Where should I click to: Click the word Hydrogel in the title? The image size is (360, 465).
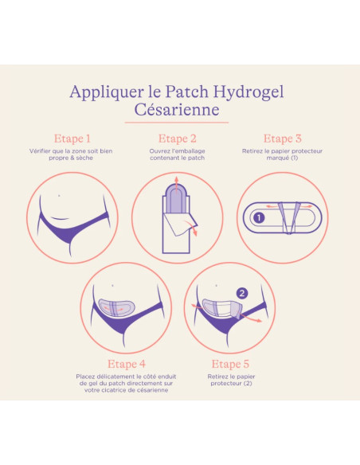(x=248, y=92)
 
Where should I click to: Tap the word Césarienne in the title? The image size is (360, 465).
(x=177, y=109)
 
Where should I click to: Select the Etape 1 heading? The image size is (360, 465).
(x=72, y=139)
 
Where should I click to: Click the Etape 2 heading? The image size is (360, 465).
(x=178, y=139)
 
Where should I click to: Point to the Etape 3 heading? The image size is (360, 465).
(x=282, y=139)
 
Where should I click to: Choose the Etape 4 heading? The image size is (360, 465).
(x=127, y=364)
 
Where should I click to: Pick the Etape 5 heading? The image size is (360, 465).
(x=230, y=364)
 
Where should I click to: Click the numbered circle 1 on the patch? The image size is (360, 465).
(x=259, y=218)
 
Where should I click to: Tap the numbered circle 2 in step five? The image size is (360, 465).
(x=242, y=293)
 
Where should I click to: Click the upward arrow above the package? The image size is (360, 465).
(x=177, y=185)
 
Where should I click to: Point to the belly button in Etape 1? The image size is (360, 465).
(x=59, y=196)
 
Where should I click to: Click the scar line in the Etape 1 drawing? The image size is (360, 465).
(x=60, y=219)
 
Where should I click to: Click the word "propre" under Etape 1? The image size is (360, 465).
(x=59, y=158)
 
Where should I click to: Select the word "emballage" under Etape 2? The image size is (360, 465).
(x=192, y=151)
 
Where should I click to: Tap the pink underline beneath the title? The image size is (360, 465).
(x=177, y=122)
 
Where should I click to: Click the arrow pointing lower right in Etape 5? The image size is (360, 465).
(x=251, y=318)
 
